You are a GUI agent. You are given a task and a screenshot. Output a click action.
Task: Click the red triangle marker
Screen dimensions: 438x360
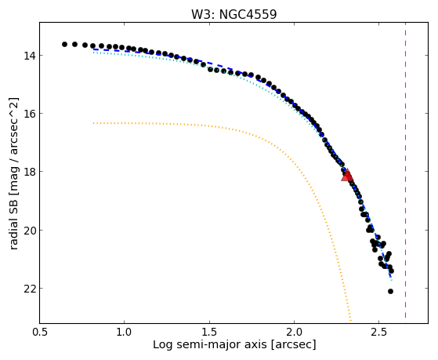(x=347, y=176)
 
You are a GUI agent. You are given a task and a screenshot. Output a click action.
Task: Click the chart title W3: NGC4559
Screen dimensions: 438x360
(x=233, y=15)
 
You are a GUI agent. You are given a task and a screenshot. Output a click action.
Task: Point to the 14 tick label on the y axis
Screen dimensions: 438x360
(x=29, y=56)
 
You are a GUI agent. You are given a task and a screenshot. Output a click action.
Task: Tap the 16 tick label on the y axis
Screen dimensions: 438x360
(x=29, y=113)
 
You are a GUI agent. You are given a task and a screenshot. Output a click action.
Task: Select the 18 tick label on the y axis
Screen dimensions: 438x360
(x=29, y=171)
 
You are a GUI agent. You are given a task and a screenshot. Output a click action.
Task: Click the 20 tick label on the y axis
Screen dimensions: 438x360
(x=29, y=231)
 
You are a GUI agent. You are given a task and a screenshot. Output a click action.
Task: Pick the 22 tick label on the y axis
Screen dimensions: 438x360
(x=29, y=288)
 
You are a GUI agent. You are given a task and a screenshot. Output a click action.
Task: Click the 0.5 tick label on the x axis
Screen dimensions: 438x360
(x=40, y=332)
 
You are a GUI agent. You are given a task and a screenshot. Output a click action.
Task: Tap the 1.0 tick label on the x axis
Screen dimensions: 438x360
(x=125, y=332)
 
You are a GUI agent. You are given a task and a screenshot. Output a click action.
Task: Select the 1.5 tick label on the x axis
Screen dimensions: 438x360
(x=209, y=332)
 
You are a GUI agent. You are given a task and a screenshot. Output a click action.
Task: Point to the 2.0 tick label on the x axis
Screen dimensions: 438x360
(x=294, y=332)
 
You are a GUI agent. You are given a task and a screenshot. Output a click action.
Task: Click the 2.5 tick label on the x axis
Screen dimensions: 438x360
(x=378, y=332)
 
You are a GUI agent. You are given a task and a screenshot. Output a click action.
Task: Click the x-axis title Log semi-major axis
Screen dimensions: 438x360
(x=210, y=345)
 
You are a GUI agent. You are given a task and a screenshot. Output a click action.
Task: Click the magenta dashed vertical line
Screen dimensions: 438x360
(x=405, y=170)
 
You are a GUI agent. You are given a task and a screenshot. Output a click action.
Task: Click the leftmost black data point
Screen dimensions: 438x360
(x=64, y=44)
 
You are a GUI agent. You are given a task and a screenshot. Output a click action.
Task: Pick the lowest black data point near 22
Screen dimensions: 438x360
(x=390, y=292)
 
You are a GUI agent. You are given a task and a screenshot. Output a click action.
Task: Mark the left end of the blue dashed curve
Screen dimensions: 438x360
(x=93, y=49)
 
